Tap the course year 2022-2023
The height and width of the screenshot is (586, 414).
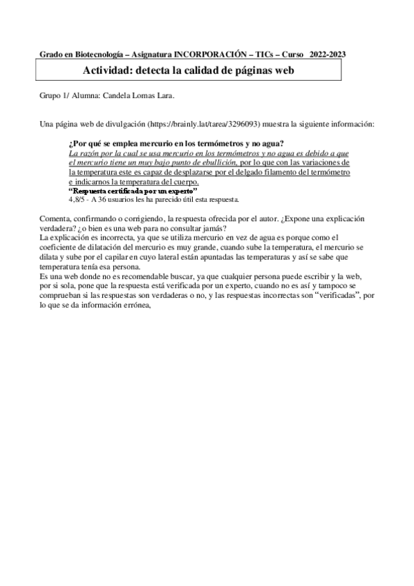[x=328, y=53]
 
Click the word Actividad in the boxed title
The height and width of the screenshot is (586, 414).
[x=105, y=70]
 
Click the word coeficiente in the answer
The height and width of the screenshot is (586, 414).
[x=62, y=248]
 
